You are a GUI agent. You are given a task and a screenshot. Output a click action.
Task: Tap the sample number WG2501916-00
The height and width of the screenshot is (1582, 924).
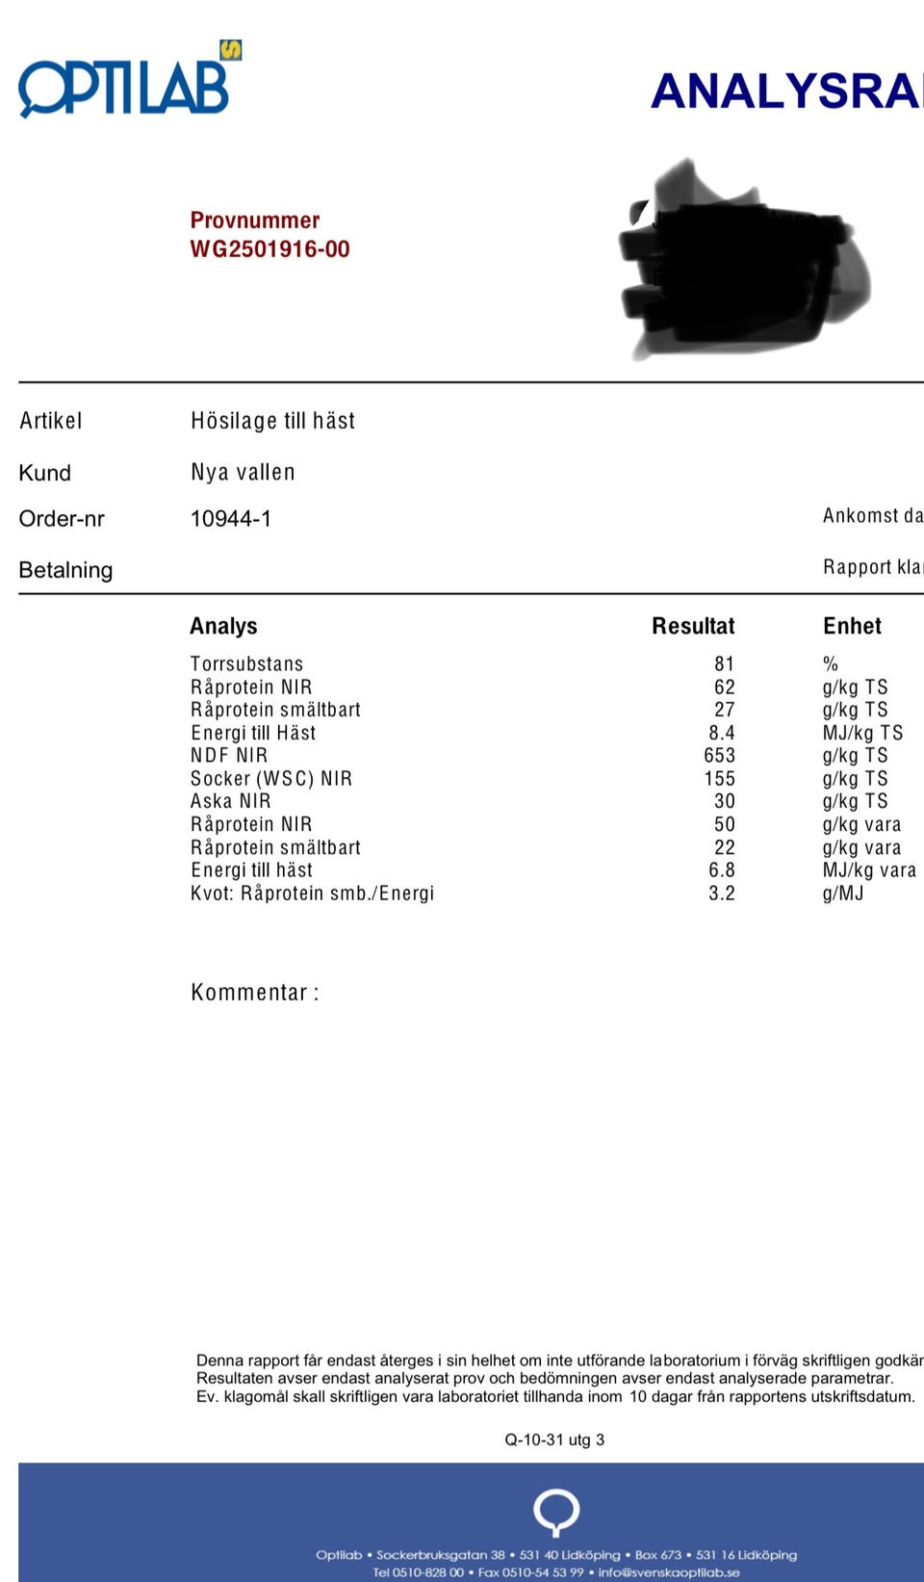click(269, 249)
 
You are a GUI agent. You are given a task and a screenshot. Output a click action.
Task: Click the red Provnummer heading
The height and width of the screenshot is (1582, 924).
click(254, 220)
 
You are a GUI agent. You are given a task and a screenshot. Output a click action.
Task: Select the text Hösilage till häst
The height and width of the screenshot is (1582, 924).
click(272, 421)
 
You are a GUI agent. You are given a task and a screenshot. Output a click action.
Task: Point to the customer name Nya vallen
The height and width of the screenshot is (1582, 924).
click(243, 472)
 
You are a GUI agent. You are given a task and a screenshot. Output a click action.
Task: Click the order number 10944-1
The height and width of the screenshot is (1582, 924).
click(231, 519)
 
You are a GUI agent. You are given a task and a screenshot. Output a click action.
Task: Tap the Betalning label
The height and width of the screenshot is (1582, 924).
click(65, 570)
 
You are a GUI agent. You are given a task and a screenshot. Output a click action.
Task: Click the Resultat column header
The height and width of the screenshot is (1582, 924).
click(692, 626)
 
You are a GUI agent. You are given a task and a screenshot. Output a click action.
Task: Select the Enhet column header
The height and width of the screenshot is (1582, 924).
click(852, 626)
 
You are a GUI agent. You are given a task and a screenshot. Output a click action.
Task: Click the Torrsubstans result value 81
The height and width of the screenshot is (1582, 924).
click(724, 663)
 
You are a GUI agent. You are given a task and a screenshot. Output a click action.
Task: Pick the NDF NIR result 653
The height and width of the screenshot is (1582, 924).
click(719, 755)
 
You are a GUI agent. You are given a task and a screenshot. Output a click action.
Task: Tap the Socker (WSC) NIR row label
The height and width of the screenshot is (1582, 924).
click(271, 778)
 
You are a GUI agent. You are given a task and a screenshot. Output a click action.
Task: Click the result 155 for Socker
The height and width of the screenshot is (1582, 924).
click(719, 778)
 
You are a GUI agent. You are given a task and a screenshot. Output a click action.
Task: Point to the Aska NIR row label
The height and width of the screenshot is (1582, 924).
click(230, 801)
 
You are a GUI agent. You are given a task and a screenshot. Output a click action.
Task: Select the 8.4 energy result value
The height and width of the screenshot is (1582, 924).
click(721, 733)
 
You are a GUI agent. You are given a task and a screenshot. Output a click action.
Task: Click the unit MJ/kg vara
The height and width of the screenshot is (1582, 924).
click(868, 870)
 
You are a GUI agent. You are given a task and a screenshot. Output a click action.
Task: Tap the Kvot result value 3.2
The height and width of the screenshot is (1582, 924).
click(721, 893)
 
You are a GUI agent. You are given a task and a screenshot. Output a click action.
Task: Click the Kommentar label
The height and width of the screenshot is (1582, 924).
click(254, 992)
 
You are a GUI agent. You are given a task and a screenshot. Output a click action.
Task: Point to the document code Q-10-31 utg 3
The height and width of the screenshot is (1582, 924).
click(554, 1439)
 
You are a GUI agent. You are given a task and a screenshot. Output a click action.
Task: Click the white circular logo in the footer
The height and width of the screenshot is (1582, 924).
click(556, 1511)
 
